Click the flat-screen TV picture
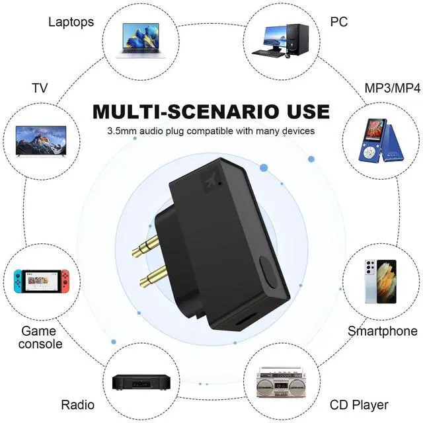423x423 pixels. click(x=42, y=139)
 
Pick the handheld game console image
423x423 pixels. click(x=42, y=282)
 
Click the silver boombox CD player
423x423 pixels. click(x=282, y=382)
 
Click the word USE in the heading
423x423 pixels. click(x=301, y=110)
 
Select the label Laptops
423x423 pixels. click(x=71, y=22)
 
